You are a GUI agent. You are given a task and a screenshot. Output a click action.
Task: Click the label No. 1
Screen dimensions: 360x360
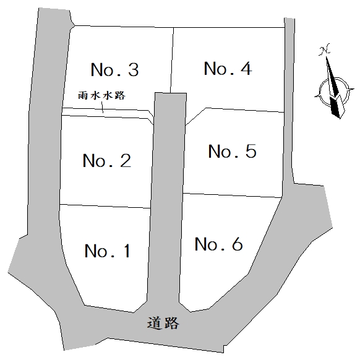(x=108, y=251)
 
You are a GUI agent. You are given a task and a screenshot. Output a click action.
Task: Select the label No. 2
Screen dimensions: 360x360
(x=107, y=160)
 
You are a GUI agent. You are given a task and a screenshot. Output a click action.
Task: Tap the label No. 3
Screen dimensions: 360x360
(x=115, y=69)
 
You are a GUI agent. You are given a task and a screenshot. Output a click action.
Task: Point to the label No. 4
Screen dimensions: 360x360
(x=228, y=68)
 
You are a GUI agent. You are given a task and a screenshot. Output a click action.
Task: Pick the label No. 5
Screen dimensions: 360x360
(x=232, y=151)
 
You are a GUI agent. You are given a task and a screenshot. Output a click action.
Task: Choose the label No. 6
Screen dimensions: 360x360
(x=218, y=244)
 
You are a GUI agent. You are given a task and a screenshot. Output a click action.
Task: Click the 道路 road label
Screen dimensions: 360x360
(x=163, y=324)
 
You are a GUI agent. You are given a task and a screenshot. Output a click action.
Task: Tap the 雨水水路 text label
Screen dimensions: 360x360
(x=101, y=95)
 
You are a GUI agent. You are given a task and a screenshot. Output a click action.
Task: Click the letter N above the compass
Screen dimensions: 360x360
(x=324, y=49)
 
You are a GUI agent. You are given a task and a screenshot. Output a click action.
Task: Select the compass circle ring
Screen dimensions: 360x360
(x=320, y=92)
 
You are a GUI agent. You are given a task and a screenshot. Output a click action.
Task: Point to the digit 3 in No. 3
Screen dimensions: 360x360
(x=134, y=69)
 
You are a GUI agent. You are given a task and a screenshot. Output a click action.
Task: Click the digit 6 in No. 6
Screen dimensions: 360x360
(x=238, y=244)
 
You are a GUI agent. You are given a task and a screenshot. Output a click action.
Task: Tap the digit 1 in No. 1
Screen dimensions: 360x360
(x=127, y=251)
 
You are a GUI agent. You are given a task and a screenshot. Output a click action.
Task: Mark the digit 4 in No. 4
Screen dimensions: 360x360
(x=246, y=68)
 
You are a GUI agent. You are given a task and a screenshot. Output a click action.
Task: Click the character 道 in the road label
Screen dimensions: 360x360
(x=155, y=324)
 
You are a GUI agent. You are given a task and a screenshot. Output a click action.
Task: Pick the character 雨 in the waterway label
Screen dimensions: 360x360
(x=83, y=95)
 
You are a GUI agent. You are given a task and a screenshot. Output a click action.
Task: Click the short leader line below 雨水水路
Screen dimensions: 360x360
(x=102, y=107)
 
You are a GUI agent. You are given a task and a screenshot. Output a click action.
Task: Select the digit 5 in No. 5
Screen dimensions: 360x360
(x=251, y=151)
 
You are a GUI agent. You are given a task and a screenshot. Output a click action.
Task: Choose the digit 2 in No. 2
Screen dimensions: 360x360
(x=126, y=160)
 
